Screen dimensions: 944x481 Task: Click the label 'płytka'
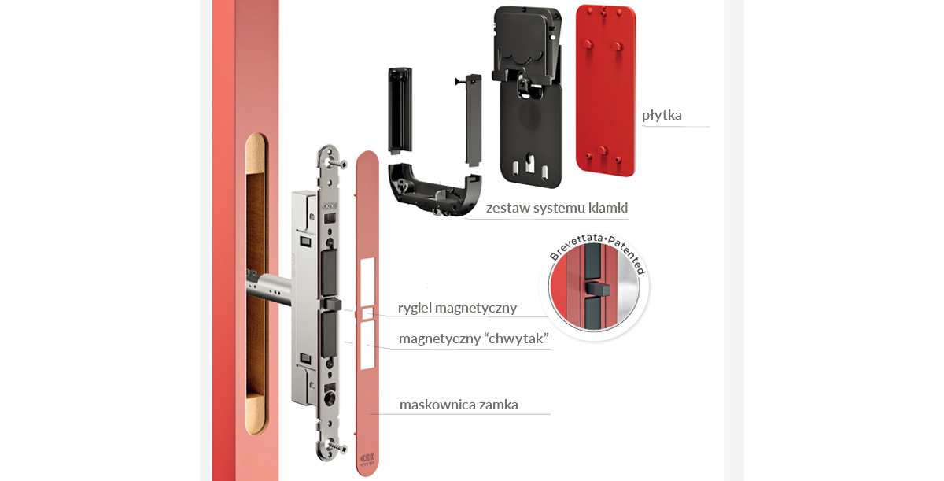pyautogui.click(x=662, y=115)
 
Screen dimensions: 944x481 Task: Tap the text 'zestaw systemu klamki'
pyautogui.click(x=557, y=208)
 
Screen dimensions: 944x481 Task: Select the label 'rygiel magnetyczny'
pyautogui.click(x=457, y=308)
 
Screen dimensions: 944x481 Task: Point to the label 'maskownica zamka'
pyautogui.click(x=459, y=405)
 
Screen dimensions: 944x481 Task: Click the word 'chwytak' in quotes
pyautogui.click(x=517, y=339)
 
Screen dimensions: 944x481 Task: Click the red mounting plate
pyautogui.click(x=606, y=91)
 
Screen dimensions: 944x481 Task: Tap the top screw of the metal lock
pyautogui.click(x=337, y=162)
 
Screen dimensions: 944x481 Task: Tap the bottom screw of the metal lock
pyautogui.click(x=337, y=446)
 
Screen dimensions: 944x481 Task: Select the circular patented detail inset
pyautogui.click(x=595, y=286)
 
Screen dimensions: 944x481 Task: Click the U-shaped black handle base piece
pyautogui.click(x=435, y=191)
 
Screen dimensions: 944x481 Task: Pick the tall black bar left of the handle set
pyautogui.click(x=400, y=110)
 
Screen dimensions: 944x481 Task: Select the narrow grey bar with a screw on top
pyautogui.click(x=473, y=120)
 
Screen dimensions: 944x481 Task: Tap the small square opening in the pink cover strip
pyautogui.click(x=367, y=313)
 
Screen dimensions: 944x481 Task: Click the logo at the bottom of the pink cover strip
pyautogui.click(x=367, y=459)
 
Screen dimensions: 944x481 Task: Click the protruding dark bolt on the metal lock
pyautogui.click(x=332, y=304)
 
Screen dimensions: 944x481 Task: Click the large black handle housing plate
pyautogui.click(x=528, y=97)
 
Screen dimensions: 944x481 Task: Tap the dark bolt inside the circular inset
pyautogui.click(x=598, y=289)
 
